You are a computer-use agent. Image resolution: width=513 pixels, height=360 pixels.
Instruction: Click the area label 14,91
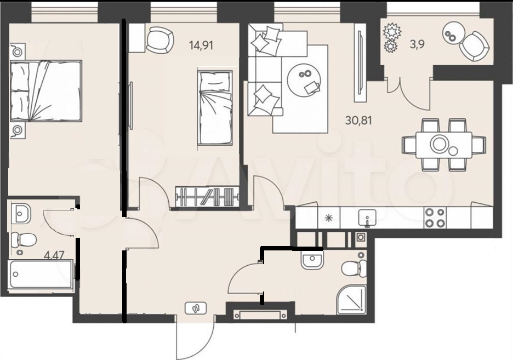point(201,45)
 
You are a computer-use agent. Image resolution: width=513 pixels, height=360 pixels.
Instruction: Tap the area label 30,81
point(358,121)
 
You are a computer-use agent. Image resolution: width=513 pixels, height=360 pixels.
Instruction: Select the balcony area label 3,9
point(418,44)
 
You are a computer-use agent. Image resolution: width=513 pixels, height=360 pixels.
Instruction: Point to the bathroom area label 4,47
point(54,254)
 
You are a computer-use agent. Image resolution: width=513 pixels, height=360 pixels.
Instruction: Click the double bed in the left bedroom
point(46,90)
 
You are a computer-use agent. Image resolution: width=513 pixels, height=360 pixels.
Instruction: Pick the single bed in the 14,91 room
point(215,108)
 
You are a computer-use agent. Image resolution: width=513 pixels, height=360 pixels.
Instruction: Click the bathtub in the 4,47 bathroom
point(41,275)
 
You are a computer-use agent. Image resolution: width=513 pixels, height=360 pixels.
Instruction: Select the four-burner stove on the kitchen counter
point(435,218)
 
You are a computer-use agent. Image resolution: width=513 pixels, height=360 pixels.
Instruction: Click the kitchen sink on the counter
point(367,218)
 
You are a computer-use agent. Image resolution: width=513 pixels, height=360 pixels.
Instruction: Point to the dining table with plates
point(444,145)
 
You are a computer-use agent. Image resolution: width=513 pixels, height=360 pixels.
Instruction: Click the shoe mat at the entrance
point(196,308)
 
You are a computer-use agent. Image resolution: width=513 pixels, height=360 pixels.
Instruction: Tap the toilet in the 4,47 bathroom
point(24,241)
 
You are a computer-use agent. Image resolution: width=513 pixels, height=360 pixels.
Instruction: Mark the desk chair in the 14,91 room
point(159,39)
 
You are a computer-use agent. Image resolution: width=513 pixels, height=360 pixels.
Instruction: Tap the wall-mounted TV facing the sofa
point(360,67)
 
